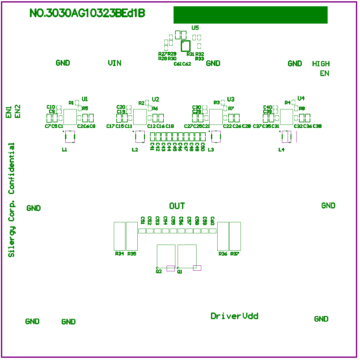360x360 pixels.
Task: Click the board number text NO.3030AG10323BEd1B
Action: tap(87, 13)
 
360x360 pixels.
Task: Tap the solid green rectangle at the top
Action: tap(250, 15)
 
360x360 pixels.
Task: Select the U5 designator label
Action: tap(195, 28)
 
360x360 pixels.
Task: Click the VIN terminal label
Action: tap(114, 63)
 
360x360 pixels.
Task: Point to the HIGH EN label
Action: tap(321, 68)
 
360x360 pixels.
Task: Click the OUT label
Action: tap(177, 206)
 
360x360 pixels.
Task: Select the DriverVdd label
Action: tap(234, 316)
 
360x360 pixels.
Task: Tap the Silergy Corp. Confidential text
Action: tap(12, 200)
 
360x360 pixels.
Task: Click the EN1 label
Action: tap(9, 112)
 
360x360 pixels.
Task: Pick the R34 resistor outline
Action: tap(120, 236)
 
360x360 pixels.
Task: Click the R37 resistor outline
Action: tap(235, 236)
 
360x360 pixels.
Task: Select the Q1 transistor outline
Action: tap(187, 256)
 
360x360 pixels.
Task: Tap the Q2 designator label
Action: tap(159, 271)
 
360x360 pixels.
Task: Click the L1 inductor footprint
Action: tap(70, 137)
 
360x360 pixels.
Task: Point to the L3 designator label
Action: tap(211, 150)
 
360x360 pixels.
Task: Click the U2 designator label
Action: tap(155, 99)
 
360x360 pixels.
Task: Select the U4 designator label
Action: tap(301, 98)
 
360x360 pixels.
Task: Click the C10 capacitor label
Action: tap(51, 107)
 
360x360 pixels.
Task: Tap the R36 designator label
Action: tap(223, 254)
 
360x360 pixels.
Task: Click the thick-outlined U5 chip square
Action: tap(185, 46)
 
